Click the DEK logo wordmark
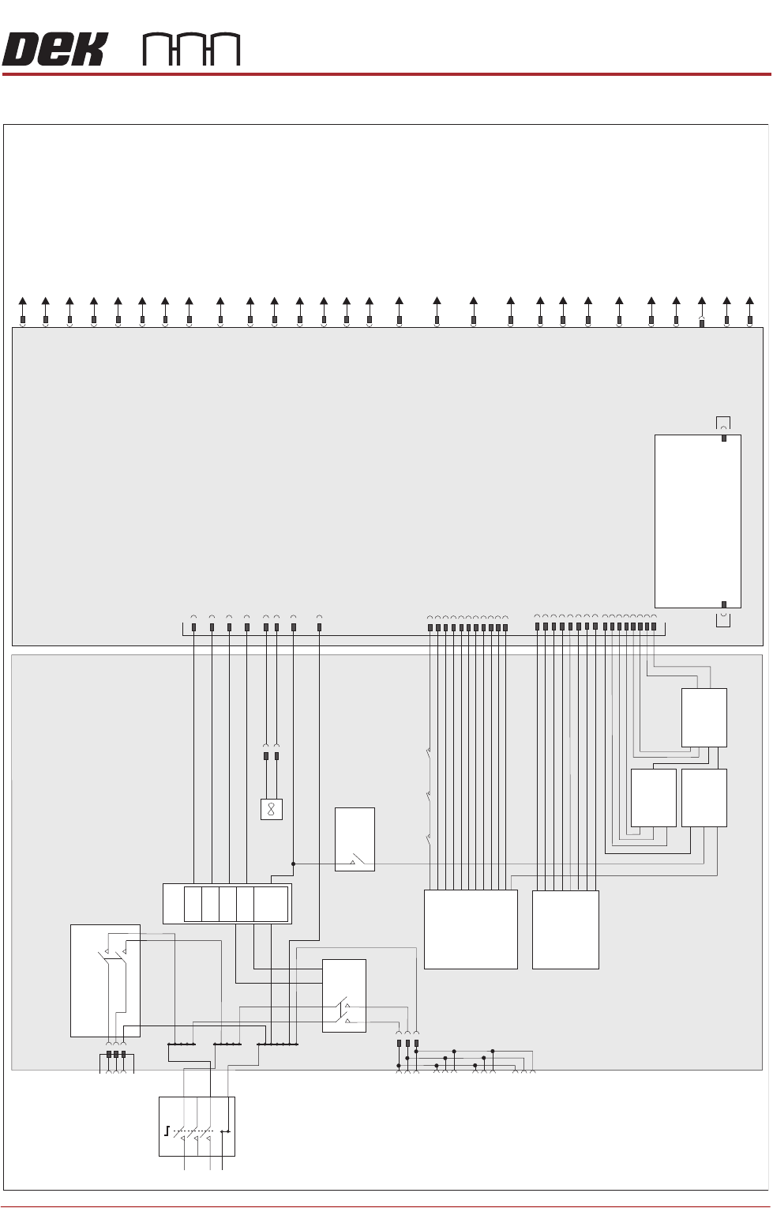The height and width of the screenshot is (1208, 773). coord(54,50)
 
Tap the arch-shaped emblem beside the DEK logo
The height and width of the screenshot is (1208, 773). coord(191,50)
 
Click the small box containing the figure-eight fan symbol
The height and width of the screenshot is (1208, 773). coord(271,809)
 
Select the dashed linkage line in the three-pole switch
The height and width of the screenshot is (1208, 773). coord(193,1131)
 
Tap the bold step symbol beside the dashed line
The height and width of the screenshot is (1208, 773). coord(167,1131)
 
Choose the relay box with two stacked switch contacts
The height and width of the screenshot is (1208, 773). coord(344,995)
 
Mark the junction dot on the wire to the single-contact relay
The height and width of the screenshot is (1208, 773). coord(293,864)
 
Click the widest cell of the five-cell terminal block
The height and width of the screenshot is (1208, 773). coord(271,904)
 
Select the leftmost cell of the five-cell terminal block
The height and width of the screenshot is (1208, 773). coord(193,904)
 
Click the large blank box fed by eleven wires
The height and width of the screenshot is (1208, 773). coord(471,929)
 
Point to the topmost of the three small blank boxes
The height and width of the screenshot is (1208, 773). coord(704,717)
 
